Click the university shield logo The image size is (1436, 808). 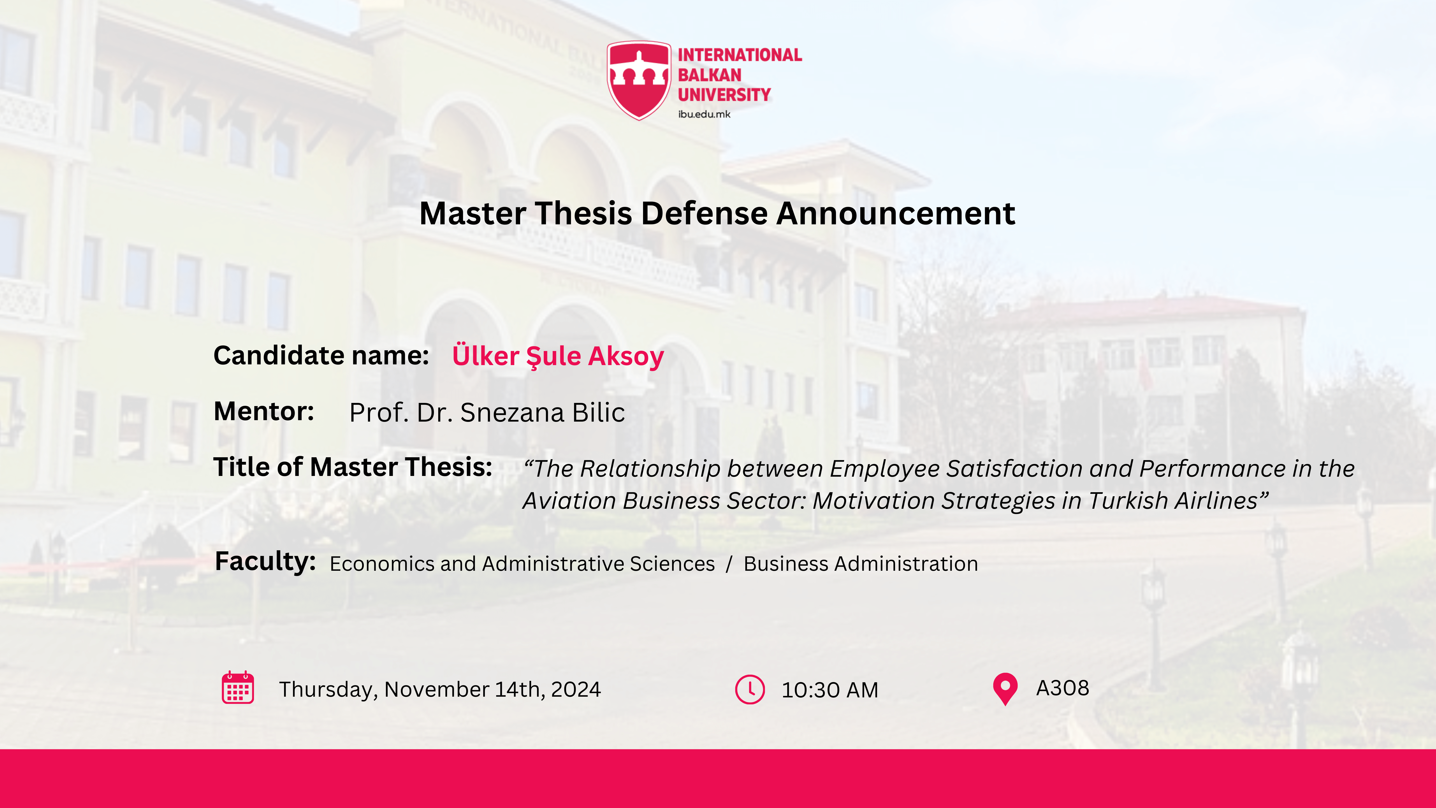click(x=639, y=80)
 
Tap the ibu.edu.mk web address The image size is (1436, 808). click(x=704, y=114)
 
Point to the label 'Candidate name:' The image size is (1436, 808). click(x=321, y=355)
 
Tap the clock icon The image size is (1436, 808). click(x=750, y=689)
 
